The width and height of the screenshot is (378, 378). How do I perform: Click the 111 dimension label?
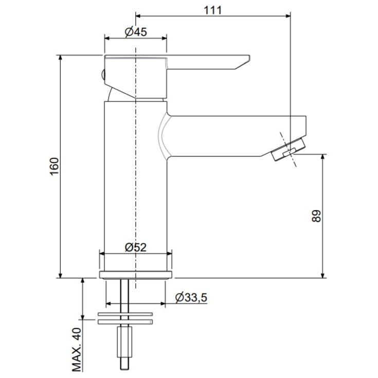(212, 10)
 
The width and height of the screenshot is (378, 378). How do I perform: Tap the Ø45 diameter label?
(136, 32)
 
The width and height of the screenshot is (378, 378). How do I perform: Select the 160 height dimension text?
(54, 167)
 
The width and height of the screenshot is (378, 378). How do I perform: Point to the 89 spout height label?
(316, 216)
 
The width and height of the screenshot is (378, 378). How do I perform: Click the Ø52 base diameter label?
(136, 247)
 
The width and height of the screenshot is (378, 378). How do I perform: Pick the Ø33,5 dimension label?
(191, 297)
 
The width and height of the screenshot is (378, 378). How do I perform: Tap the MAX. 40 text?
(77, 349)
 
